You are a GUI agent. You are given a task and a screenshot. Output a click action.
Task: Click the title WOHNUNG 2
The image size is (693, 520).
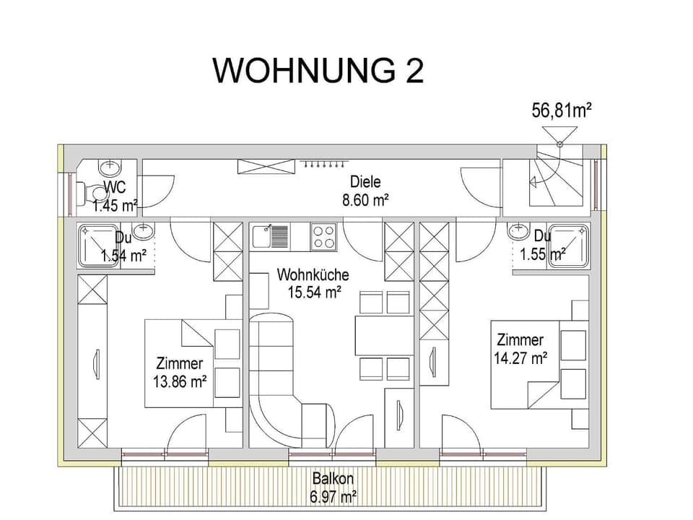click(318, 71)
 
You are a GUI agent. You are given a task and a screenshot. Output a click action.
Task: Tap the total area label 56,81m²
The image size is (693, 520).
click(562, 110)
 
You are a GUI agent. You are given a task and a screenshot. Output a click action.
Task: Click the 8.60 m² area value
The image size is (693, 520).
click(365, 201)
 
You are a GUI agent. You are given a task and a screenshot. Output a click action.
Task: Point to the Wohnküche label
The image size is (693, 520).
click(313, 275)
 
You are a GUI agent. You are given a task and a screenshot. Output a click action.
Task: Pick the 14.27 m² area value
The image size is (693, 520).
click(520, 357)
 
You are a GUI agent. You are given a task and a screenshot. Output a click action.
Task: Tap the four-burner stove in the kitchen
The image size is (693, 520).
click(323, 236)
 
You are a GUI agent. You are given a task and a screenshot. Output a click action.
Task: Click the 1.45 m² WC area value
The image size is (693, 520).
click(115, 206)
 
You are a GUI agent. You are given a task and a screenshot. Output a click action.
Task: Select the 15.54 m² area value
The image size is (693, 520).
click(313, 292)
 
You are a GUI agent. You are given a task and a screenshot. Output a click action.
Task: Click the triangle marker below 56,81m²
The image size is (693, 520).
click(559, 135)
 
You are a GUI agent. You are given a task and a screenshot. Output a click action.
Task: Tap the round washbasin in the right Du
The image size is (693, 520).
click(518, 232)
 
